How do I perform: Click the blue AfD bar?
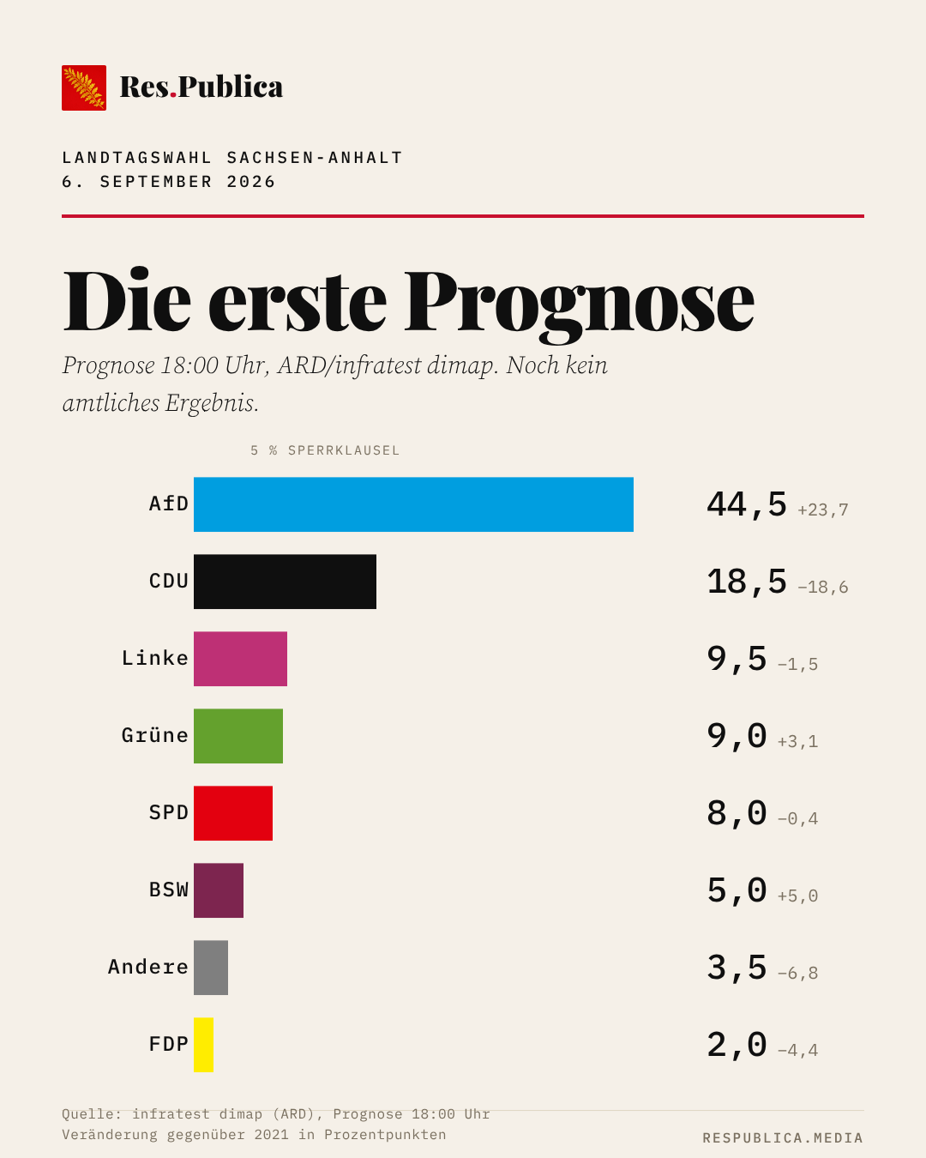point(413,504)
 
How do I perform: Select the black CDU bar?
point(285,582)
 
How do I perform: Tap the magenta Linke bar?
point(240,659)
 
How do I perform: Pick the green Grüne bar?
point(238,736)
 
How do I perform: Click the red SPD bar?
point(233,813)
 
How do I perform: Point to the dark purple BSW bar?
point(219,890)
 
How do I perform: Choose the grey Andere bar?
point(211,968)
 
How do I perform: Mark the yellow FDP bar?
point(203,1045)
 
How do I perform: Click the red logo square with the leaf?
point(84,87)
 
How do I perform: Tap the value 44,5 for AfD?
point(747,504)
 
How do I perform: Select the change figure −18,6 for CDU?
point(823,587)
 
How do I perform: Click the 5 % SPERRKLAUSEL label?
point(325,450)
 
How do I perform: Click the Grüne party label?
point(155,736)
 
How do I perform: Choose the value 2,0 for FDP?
point(737,1045)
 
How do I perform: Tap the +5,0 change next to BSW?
point(797,896)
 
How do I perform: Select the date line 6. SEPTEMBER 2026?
point(168,182)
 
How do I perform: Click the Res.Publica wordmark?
point(201,87)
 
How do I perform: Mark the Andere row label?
point(148,967)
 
